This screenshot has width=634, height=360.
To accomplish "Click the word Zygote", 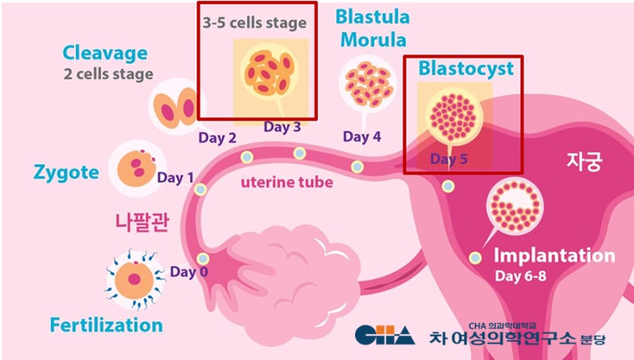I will click(x=67, y=172).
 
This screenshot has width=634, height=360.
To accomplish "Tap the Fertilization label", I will click(x=106, y=325).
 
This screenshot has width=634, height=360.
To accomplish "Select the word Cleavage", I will click(x=105, y=53).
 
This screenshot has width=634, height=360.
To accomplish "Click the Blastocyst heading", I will click(x=466, y=67).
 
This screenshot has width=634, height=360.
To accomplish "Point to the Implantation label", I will click(x=554, y=256).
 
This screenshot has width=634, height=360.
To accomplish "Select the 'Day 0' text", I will click(x=189, y=272).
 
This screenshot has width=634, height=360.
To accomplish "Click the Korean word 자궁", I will click(x=585, y=163).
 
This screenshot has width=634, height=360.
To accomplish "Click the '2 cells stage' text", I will click(x=109, y=74).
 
